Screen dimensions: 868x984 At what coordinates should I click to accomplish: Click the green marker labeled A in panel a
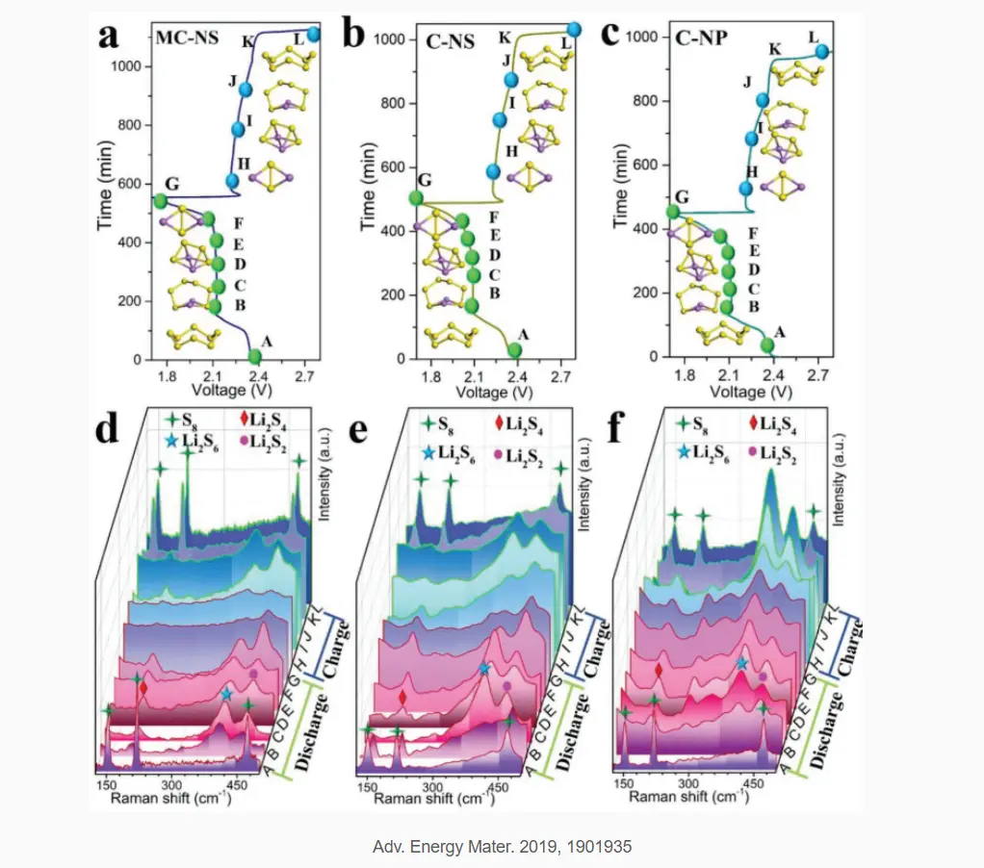[x=255, y=357]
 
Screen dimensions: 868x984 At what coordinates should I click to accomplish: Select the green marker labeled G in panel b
[x=416, y=198]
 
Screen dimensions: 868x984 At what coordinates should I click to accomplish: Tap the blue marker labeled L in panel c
[x=822, y=51]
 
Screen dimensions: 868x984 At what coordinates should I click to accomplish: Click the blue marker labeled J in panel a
[x=246, y=89]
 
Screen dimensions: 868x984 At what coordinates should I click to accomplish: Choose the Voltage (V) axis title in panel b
[x=495, y=393]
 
